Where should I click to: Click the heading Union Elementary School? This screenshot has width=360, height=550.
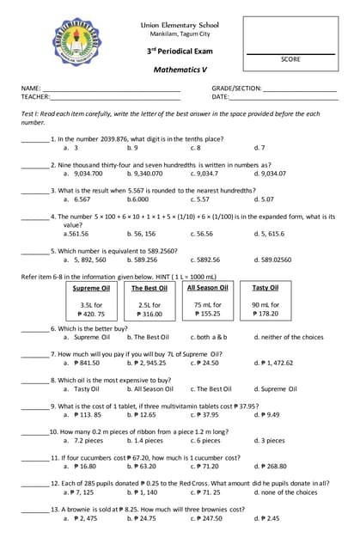click(x=180, y=26)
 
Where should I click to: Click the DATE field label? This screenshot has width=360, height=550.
click(x=220, y=97)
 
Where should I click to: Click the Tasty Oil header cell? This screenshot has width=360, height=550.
click(x=265, y=288)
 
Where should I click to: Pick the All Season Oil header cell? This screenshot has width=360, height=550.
click(x=207, y=288)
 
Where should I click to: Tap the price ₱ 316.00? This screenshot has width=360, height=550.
click(x=149, y=314)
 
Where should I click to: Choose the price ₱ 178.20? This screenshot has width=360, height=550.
click(x=265, y=314)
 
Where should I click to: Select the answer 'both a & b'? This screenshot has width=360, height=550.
click(x=209, y=337)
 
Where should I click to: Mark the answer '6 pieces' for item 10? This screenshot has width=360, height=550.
click(x=206, y=440)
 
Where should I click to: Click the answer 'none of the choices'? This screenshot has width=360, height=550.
click(x=288, y=492)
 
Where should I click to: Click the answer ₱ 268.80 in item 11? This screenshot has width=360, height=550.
click(x=270, y=466)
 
